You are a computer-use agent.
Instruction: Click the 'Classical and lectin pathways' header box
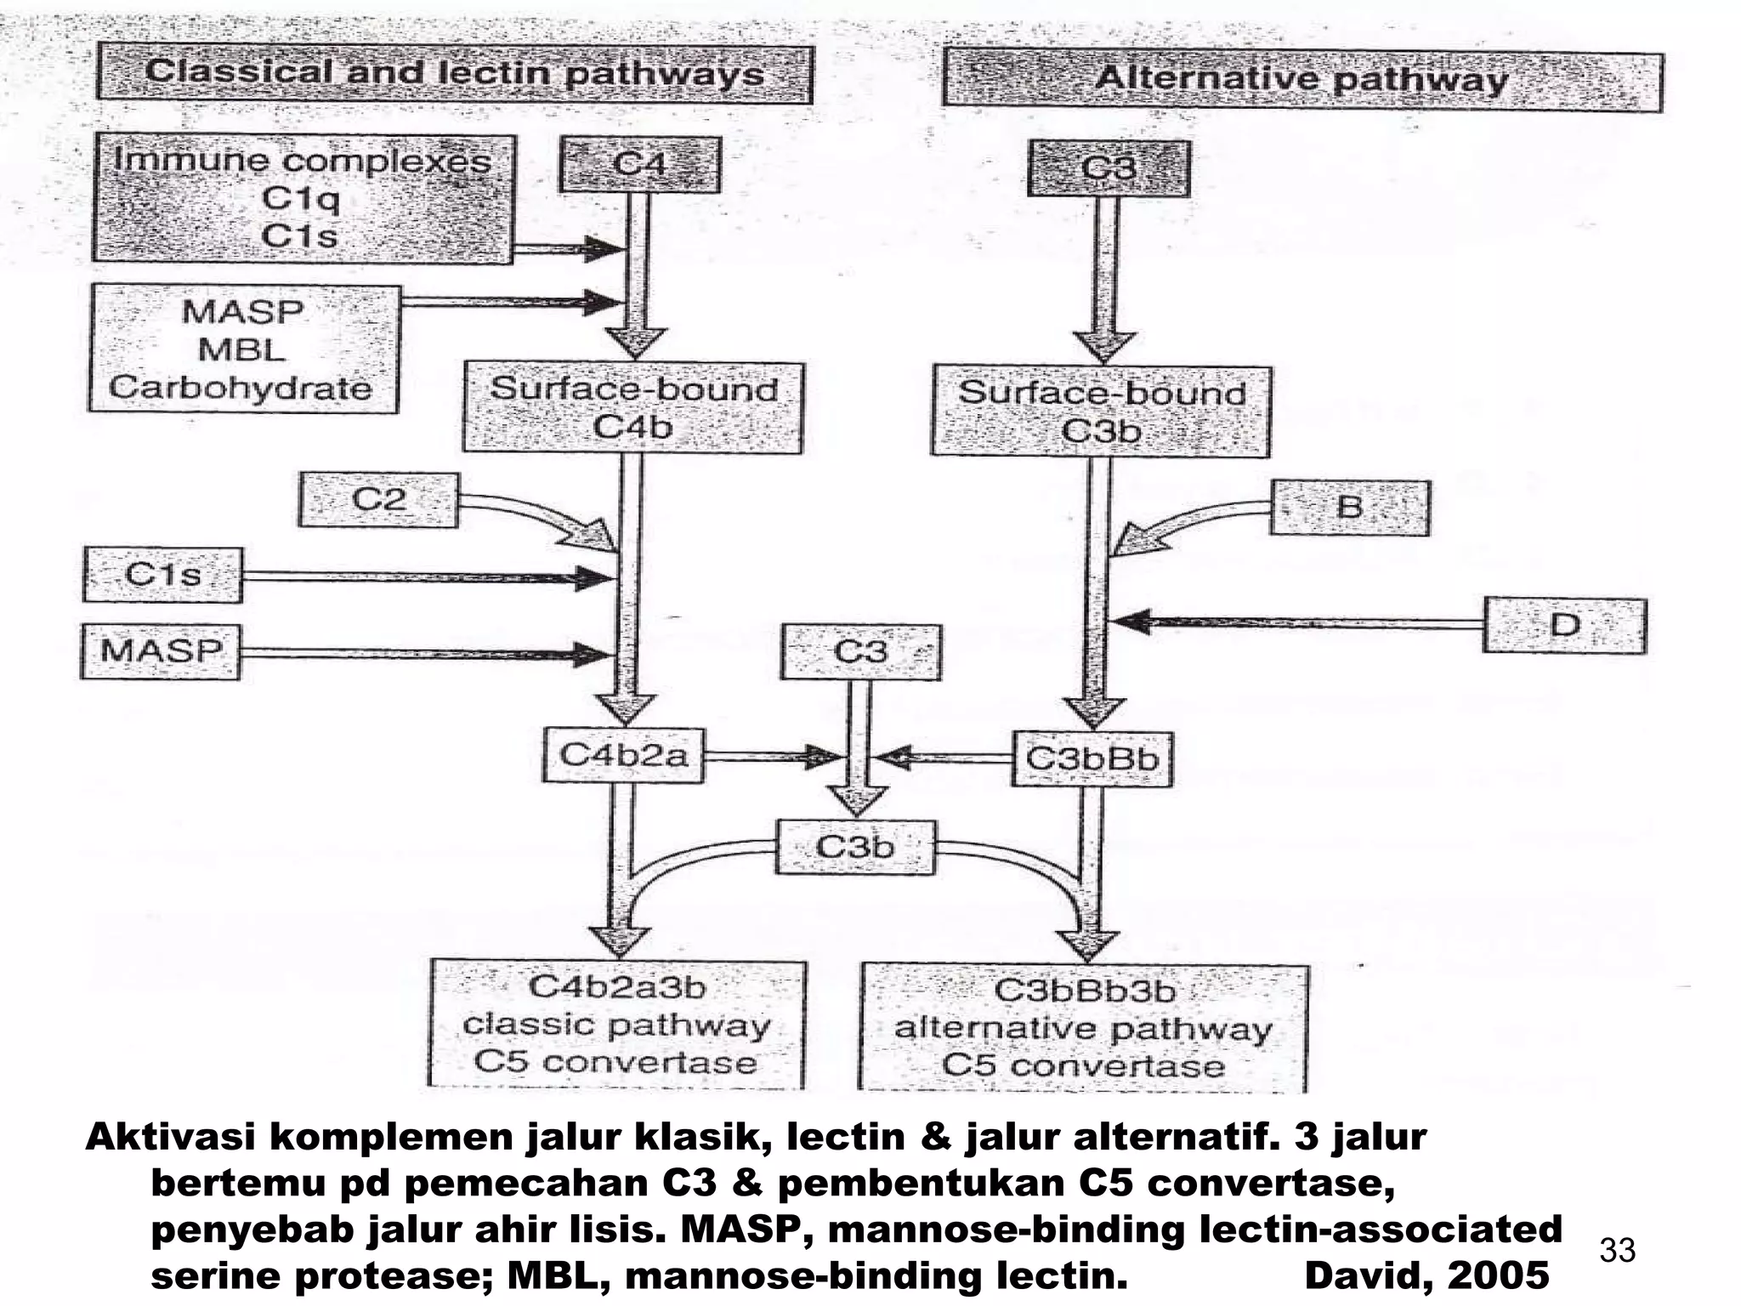click(x=455, y=75)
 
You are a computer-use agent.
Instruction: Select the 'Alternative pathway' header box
click(x=1302, y=82)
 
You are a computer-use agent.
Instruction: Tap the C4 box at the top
click(x=639, y=165)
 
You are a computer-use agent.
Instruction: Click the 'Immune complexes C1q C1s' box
click(x=303, y=199)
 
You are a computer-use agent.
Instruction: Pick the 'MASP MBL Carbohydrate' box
click(x=243, y=349)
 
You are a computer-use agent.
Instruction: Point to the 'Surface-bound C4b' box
click(x=632, y=408)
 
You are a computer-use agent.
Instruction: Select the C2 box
click(x=378, y=500)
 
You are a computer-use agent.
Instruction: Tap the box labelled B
click(x=1349, y=508)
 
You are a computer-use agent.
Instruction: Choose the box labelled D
click(x=1564, y=626)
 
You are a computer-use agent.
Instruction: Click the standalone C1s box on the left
click(x=162, y=576)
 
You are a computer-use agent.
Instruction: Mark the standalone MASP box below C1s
click(x=161, y=652)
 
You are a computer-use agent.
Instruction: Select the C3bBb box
click(x=1092, y=758)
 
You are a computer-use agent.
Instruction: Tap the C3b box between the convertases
click(x=855, y=848)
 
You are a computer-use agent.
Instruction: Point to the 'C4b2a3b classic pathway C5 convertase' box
click(x=617, y=1025)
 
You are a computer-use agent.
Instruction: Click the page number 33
click(x=1617, y=1251)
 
